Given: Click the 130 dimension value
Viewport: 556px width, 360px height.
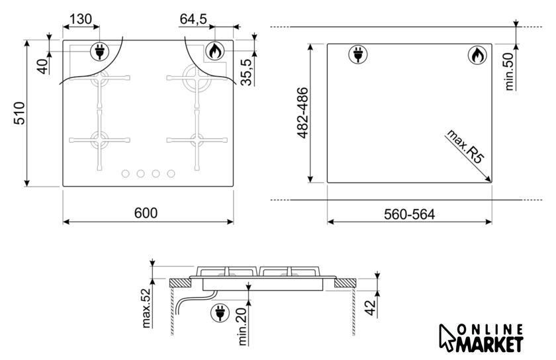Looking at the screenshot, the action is [81, 19].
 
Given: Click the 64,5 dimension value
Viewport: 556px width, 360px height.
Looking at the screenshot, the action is [193, 19].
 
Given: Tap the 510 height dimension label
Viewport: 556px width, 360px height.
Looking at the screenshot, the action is [19, 113].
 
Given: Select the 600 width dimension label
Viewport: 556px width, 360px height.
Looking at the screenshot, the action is [146, 213].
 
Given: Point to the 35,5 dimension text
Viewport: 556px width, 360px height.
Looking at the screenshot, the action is [246, 72].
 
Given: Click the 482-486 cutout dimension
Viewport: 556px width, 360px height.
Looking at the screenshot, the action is [302, 112].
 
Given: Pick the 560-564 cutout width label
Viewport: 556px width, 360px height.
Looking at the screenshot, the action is [409, 214].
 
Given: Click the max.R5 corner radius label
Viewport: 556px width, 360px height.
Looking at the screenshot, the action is [465, 146].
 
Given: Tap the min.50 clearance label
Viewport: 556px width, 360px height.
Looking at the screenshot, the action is [509, 71].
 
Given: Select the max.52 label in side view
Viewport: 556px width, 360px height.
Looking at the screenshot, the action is [146, 308].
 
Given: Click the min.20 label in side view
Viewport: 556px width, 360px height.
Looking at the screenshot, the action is [242, 326].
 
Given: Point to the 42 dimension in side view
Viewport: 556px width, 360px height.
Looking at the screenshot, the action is [370, 308].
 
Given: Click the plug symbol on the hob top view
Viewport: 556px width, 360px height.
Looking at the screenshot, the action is [100, 52].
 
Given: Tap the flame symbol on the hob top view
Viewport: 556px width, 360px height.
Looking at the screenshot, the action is [214, 52].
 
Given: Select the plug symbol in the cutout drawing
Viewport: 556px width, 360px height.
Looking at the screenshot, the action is [358, 55].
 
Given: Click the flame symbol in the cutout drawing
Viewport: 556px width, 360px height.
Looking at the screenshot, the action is [477, 55].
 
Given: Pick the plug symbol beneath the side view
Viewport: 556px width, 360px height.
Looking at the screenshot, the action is [220, 313].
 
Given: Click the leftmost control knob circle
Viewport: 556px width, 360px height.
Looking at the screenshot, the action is [125, 173].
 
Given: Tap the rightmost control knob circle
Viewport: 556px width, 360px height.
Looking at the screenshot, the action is [171, 173].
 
